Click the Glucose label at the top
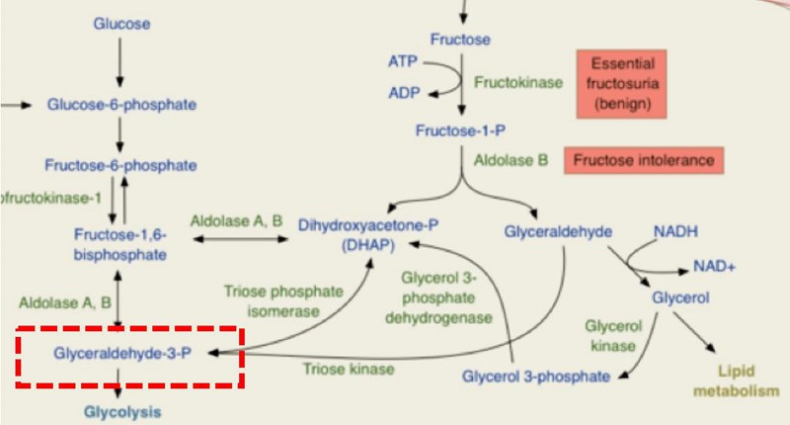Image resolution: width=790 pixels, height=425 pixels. point(119,22)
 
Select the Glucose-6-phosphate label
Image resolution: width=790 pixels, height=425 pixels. point(121,104)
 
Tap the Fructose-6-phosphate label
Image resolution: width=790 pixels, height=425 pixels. point(119,163)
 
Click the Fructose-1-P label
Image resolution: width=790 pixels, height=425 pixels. point(459,130)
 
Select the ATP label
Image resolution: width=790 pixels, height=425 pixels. point(402,61)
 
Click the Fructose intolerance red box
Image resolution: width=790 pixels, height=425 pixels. point(643,159)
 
